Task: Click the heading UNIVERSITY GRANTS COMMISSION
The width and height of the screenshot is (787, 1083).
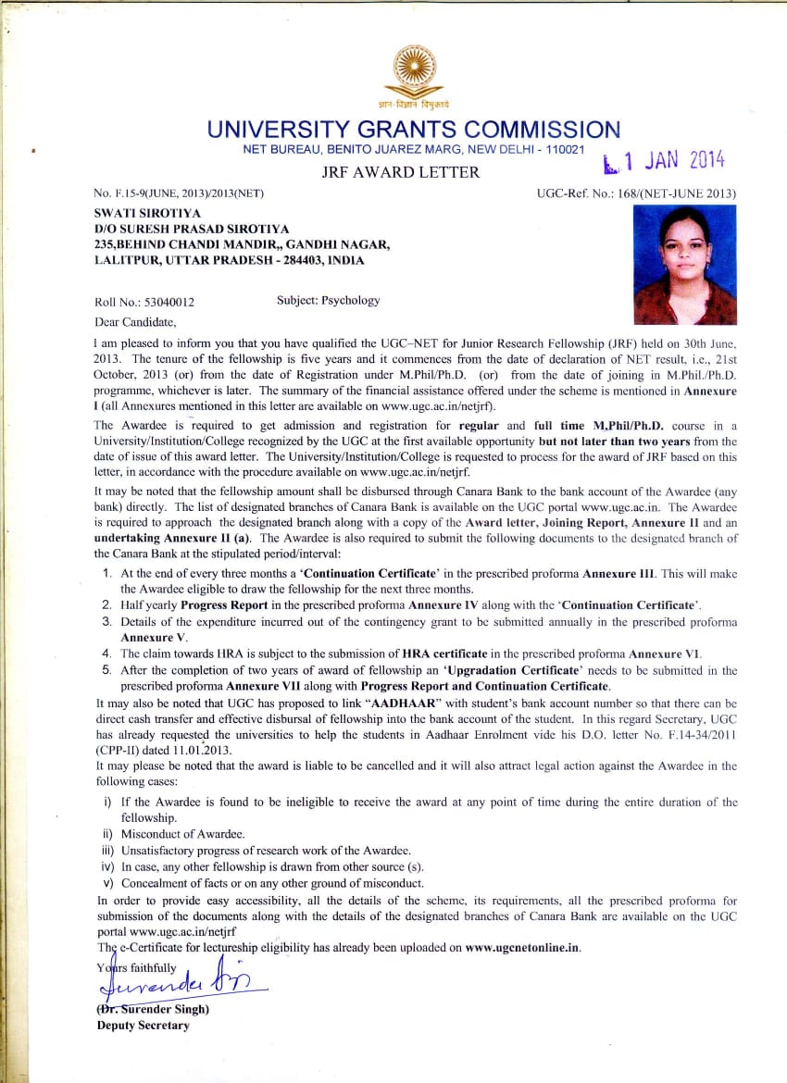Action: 413,130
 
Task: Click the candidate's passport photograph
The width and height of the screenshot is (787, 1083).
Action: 684,265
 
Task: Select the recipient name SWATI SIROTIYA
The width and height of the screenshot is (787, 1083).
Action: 145,211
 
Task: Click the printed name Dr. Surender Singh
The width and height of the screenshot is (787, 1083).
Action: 153,1009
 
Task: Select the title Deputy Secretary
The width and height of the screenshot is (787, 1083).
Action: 143,1025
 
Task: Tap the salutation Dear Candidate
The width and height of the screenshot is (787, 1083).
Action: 135,321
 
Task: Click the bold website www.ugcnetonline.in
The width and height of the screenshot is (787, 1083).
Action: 523,948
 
